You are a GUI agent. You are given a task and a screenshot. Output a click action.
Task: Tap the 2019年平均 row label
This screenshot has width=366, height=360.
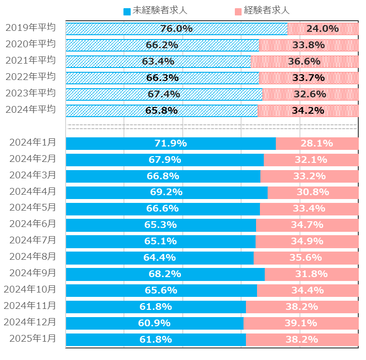(x=30, y=27)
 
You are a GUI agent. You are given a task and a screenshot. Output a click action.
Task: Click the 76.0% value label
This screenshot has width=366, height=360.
(x=176, y=29)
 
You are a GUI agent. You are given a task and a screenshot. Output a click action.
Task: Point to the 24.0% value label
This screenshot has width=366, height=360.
(x=323, y=29)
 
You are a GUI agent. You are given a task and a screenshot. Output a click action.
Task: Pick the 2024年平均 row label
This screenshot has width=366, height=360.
(x=30, y=109)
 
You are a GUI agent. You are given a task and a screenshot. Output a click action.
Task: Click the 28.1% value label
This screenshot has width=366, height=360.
(x=317, y=144)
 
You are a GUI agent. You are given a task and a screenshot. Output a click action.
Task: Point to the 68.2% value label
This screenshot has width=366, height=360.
(x=165, y=274)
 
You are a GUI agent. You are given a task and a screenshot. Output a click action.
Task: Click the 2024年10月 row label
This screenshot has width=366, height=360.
(x=30, y=289)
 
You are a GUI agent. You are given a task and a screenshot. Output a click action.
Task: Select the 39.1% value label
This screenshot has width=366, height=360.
(x=301, y=323)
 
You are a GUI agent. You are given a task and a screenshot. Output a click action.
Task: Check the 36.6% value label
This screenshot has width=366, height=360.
(x=304, y=62)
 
